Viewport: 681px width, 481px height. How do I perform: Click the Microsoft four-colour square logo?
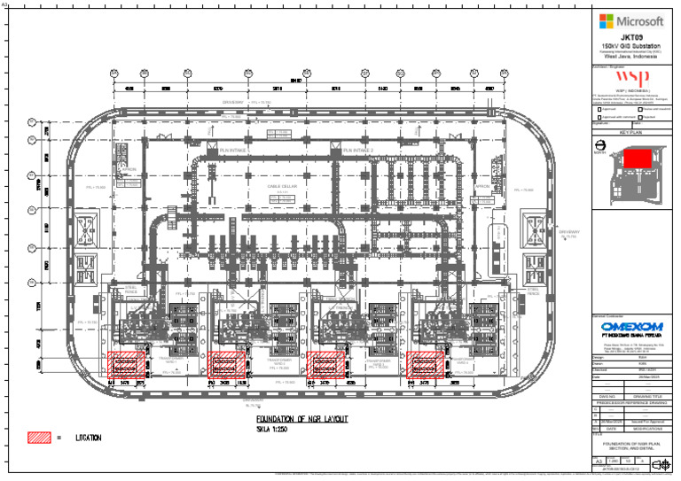point(606,20)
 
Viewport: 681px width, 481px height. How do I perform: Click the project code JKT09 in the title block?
point(630,37)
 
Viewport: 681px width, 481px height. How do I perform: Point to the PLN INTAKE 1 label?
point(234,151)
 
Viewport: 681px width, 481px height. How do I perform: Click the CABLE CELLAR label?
point(285,188)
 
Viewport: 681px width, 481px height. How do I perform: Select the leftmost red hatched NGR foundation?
point(127,365)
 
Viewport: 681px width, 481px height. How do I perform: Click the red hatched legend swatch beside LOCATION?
point(39,438)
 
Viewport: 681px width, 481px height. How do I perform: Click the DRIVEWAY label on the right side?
point(567,232)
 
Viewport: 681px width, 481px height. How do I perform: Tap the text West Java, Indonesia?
point(630,57)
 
